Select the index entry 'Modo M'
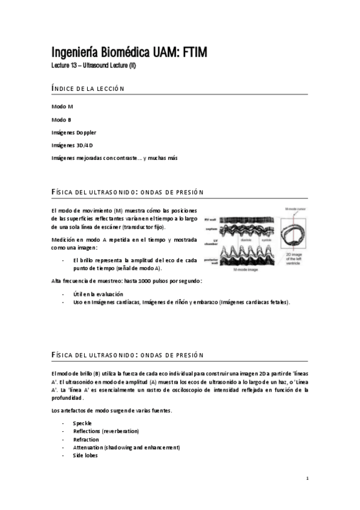(x=63, y=106)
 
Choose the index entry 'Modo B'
(x=62, y=119)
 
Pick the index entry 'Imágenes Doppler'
(x=74, y=132)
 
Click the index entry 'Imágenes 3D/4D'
(x=72, y=145)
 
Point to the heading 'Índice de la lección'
(x=88, y=89)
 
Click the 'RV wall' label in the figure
(x=211, y=220)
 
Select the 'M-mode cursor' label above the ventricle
(x=293, y=209)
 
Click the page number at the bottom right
(x=307, y=479)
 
